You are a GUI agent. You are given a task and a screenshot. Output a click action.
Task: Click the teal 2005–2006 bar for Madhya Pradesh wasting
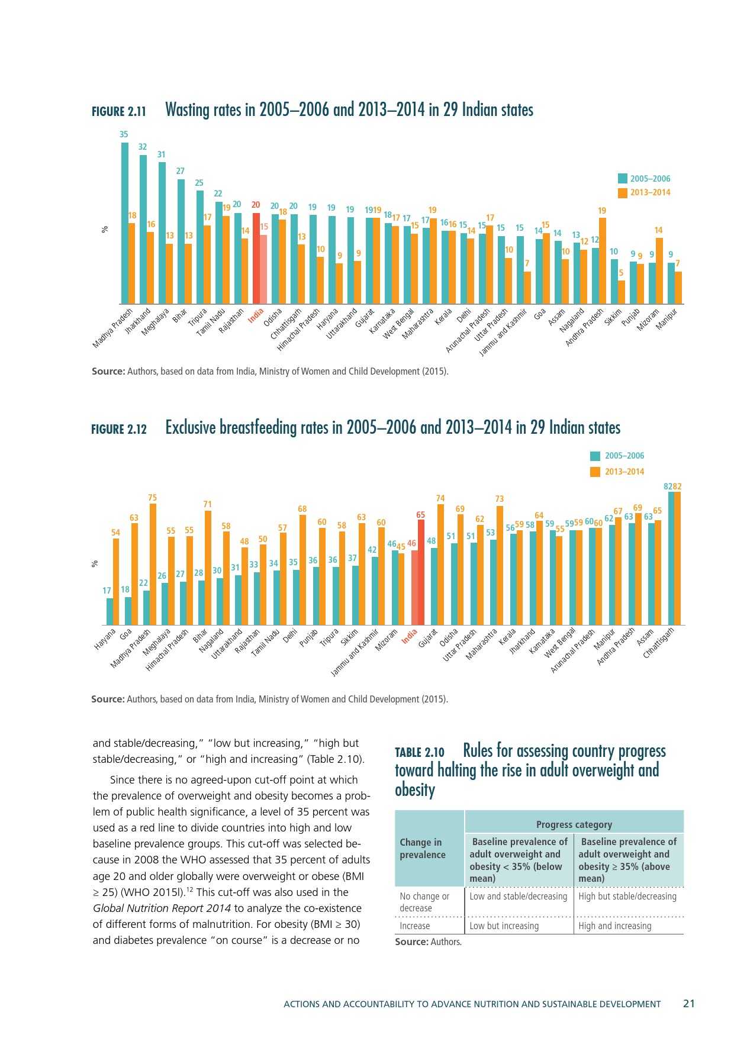tap(125, 223)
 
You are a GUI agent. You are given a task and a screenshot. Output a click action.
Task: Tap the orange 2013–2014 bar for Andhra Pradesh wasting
tap(602, 260)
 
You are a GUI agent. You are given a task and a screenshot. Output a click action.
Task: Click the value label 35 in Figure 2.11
tap(124, 134)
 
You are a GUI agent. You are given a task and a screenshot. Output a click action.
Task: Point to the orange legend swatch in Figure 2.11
tap(622, 192)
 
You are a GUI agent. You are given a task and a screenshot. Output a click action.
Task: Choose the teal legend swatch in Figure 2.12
tap(595, 456)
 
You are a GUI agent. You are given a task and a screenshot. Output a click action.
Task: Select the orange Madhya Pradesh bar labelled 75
tap(153, 564)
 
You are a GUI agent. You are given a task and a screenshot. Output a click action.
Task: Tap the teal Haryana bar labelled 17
tap(110, 611)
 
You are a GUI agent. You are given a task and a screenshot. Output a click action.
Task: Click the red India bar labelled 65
tap(421, 572)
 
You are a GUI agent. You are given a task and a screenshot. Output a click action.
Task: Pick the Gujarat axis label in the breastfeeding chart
tap(427, 639)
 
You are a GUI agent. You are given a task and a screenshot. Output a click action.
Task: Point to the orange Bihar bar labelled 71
tap(208, 567)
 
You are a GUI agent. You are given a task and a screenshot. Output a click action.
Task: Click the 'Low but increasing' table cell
tap(504, 926)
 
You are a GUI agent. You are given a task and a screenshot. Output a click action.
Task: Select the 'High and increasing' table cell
tap(614, 926)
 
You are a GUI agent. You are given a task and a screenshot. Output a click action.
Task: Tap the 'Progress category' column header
tap(574, 824)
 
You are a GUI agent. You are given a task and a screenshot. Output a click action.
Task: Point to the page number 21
tap(688, 1003)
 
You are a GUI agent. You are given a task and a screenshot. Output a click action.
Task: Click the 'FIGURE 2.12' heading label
tap(119, 429)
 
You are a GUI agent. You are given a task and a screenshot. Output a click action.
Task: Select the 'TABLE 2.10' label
tap(419, 752)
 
